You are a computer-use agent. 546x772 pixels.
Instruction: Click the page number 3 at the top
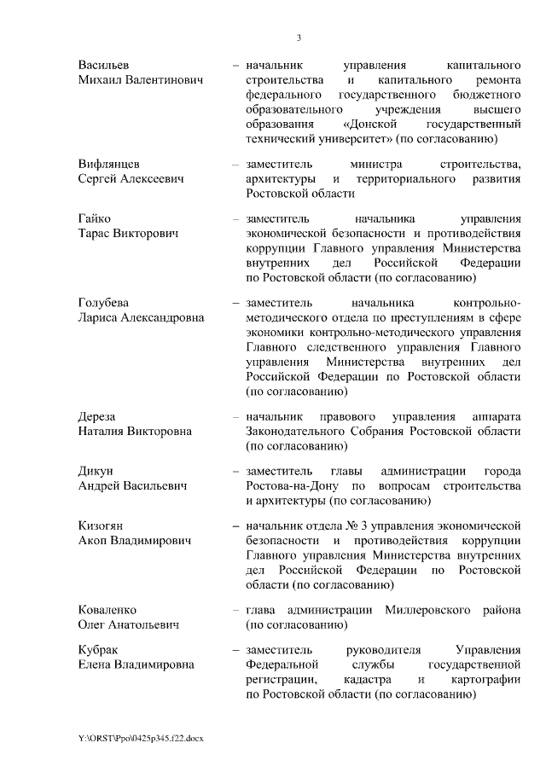point(299,38)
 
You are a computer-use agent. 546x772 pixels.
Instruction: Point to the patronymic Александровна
point(160,317)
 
